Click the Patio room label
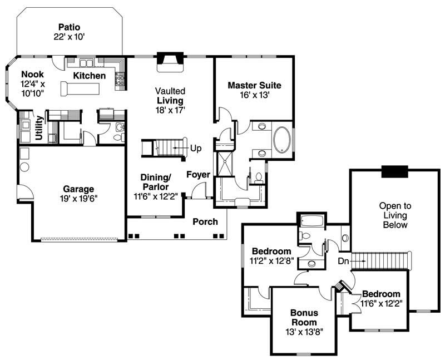point(69,27)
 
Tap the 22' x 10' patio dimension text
point(69,37)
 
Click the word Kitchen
point(90,76)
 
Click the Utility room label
point(39,127)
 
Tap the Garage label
point(78,189)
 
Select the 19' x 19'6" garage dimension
point(78,198)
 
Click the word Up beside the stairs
point(196,148)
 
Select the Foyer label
point(198,175)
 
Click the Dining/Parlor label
point(155,181)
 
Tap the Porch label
point(205,221)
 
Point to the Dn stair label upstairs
point(343,260)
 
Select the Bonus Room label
point(303,318)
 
